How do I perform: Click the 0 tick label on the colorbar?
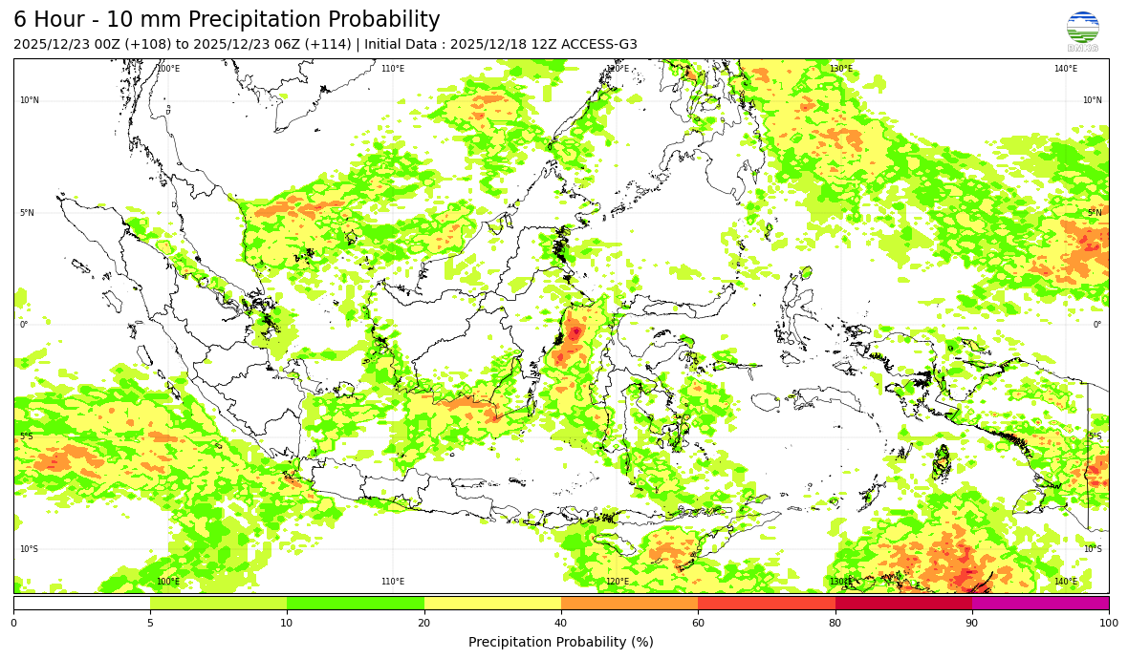tap(13, 624)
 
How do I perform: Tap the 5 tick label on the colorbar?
tap(150, 624)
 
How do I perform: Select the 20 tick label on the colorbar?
tap(424, 624)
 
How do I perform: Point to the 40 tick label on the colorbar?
tap(561, 624)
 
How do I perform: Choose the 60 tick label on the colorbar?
tap(698, 624)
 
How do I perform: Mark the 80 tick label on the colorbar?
tap(835, 624)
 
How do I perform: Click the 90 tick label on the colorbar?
tap(972, 624)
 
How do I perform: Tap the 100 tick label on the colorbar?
tap(1108, 624)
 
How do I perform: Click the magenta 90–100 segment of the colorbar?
tap(1040, 603)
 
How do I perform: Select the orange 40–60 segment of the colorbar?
tap(629, 603)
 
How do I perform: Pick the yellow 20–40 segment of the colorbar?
tap(492, 603)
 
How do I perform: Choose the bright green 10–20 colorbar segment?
tap(356, 603)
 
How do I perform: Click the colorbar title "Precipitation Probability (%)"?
tap(561, 643)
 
